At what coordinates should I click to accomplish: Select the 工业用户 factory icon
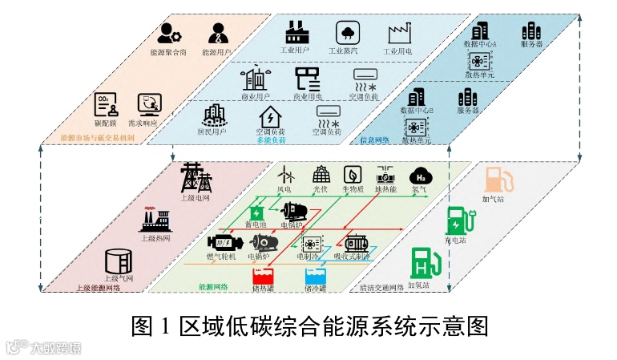point(296,32)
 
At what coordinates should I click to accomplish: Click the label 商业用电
point(306,97)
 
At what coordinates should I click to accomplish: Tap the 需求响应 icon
point(148,104)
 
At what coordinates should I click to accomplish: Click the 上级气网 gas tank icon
point(119,261)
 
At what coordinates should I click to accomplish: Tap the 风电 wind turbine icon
point(284,173)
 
